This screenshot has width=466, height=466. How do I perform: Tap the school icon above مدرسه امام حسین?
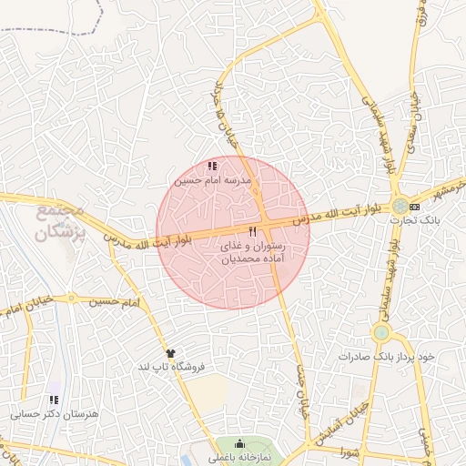point(212,167)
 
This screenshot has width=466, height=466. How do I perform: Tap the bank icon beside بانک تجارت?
point(415,207)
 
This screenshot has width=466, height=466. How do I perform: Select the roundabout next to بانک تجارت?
point(401,207)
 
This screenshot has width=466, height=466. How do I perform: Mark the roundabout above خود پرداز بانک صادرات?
point(380,333)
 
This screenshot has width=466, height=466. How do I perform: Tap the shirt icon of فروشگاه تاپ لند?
point(170,352)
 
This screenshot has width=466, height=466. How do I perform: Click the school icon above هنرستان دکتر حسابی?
point(53,399)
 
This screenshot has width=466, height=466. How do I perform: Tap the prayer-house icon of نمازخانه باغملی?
point(238,444)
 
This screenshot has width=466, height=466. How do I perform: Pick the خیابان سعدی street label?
point(413,118)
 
